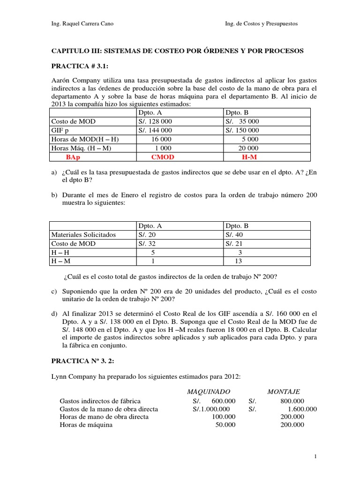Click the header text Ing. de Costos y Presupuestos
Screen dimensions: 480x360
[262, 23]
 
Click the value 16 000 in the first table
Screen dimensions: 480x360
[161, 139]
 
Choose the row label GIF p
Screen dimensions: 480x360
[60, 130]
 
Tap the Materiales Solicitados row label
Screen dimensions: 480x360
[83, 234]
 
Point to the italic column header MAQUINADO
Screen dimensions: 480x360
[209, 391]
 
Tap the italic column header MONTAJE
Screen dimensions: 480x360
[284, 391]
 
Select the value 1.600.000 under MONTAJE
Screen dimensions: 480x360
[299, 409]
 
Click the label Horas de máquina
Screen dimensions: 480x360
[86, 425]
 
